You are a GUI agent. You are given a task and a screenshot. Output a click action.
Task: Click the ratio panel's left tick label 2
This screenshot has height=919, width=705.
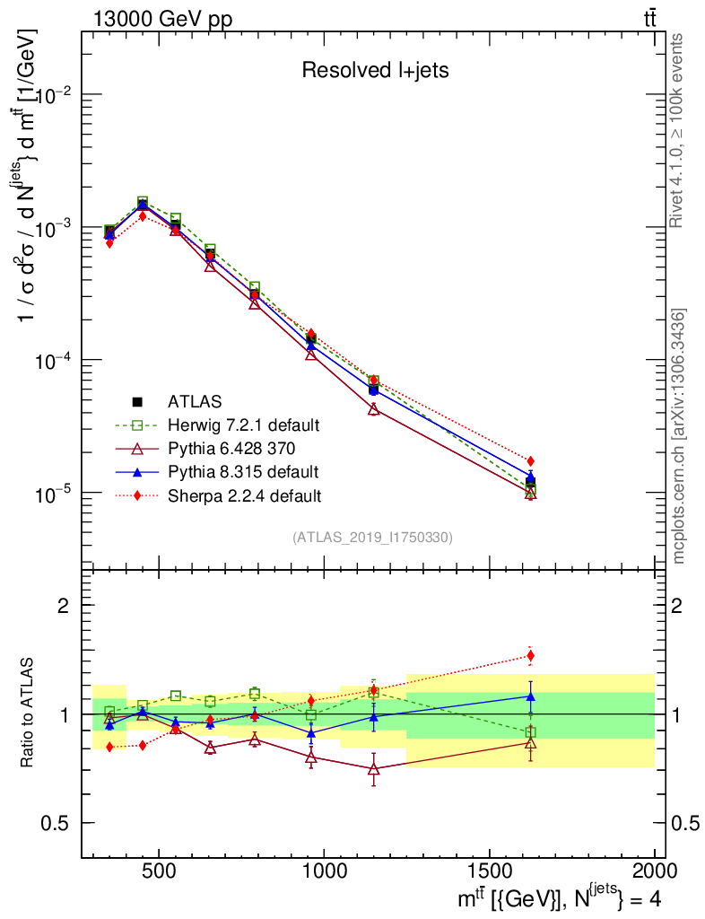point(64,605)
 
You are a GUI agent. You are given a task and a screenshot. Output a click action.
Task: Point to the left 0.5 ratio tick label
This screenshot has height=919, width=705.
point(57,823)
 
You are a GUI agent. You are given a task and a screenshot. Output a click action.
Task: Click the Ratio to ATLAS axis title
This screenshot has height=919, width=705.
point(30,713)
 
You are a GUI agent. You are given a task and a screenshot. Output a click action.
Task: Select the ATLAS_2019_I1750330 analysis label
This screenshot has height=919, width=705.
point(372,538)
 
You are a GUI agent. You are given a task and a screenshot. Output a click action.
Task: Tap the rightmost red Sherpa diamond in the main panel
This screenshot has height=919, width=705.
point(531,460)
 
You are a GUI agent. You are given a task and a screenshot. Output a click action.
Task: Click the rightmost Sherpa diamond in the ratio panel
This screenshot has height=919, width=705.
point(531,655)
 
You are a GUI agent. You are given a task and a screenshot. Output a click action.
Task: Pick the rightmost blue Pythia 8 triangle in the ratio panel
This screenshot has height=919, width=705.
point(531,696)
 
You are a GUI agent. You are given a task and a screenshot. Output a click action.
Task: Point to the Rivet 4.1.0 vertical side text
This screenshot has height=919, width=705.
point(679,129)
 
